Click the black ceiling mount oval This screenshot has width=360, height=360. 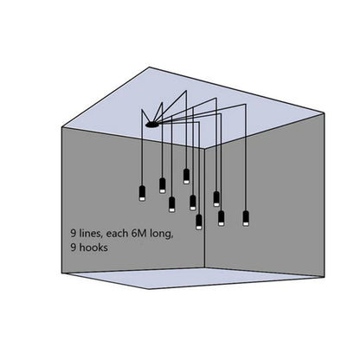[x=152, y=125]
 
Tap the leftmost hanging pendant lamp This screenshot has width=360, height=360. [x=142, y=193]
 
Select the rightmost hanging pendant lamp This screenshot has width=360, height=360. [x=246, y=218]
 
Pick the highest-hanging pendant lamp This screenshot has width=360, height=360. [x=186, y=177]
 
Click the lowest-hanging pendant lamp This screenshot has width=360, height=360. [x=199, y=222]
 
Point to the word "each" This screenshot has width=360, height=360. [x=117, y=233]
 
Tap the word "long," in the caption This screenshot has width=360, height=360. [x=162, y=234]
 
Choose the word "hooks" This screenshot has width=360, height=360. [x=93, y=247]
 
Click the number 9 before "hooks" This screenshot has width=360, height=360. [x=74, y=247]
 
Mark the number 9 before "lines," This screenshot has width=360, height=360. [x=74, y=234]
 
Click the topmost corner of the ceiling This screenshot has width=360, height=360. [x=150, y=67]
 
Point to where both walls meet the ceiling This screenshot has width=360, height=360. [x=205, y=149]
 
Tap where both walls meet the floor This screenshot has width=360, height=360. [x=205, y=267]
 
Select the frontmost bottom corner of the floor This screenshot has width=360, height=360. [x=149, y=289]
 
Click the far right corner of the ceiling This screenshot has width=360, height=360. [x=325, y=113]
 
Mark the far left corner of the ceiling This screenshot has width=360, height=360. [x=62, y=127]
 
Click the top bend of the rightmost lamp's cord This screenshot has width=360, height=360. [x=246, y=104]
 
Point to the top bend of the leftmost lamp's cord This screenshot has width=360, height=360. [x=142, y=109]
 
